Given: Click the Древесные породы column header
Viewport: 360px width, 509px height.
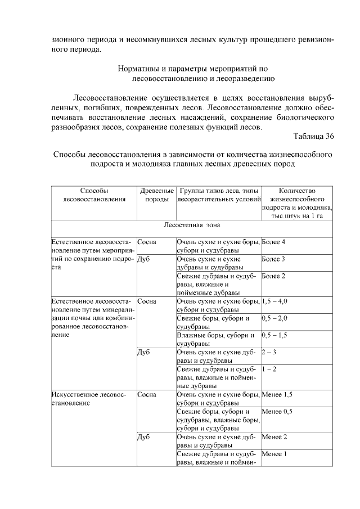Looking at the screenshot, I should (x=156, y=195).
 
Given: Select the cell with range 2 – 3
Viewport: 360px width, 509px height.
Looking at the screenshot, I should (x=270, y=353).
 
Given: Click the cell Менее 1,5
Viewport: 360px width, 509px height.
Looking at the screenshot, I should (x=277, y=395).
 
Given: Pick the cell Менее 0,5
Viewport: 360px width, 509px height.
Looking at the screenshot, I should (x=277, y=412).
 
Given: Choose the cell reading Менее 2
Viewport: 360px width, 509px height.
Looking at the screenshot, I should (x=274, y=437).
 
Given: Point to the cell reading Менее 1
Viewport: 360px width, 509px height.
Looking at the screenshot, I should (x=274, y=454).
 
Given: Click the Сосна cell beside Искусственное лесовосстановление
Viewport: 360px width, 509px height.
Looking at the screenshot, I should (x=147, y=395).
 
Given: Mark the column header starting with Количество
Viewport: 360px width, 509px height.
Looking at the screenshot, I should (x=296, y=191).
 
